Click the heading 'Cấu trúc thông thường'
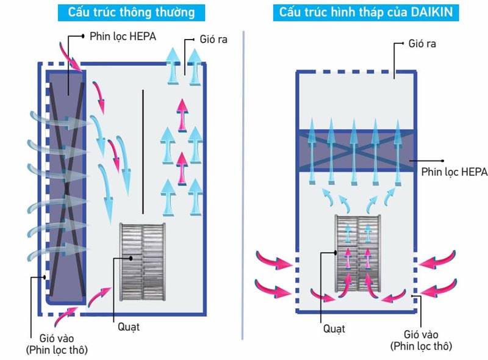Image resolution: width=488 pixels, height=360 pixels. point(131,12)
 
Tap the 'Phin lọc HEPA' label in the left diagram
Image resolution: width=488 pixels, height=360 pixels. point(123,36)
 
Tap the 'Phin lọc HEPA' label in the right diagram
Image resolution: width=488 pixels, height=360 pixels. point(454,172)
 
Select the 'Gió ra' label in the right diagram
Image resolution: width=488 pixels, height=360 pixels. point(423,44)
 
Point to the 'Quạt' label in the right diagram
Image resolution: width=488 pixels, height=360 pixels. point(334,329)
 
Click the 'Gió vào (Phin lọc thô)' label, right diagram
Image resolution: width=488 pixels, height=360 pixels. point(420,340)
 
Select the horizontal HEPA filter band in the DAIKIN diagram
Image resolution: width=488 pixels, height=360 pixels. point(356,151)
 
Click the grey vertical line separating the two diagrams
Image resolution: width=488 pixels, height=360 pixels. point(243,183)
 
